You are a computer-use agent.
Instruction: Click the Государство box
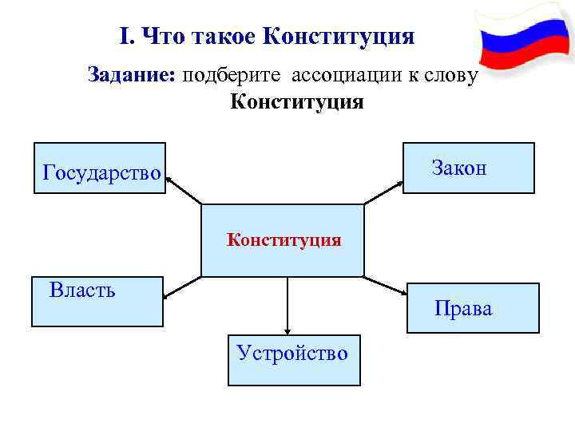100,168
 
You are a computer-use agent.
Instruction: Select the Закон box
468,168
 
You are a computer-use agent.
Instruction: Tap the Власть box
97,302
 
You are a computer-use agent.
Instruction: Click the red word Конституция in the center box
284,239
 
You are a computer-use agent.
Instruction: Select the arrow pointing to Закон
384,192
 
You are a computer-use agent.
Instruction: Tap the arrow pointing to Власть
182,287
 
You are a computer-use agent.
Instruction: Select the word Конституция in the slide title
338,37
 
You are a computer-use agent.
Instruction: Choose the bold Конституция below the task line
297,102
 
